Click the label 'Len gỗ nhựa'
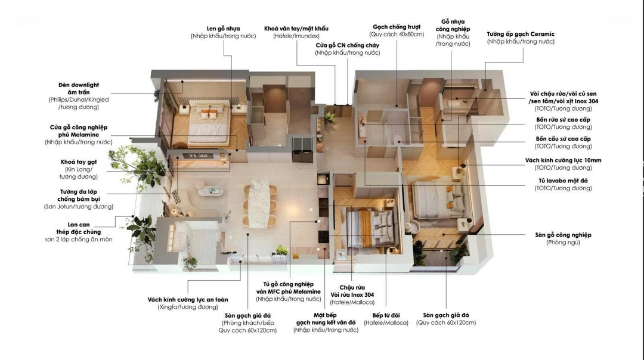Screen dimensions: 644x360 (x=224, y=29)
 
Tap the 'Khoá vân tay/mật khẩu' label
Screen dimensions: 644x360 (x=296, y=29)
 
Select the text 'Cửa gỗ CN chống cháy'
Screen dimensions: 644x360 (x=348, y=45)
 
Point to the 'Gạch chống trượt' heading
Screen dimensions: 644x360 (x=397, y=27)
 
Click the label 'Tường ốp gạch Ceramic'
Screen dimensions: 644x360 (x=521, y=34)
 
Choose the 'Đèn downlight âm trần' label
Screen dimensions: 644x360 (x=79, y=89)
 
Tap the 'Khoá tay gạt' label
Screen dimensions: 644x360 (x=79, y=162)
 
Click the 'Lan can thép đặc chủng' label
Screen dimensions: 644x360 (x=79, y=228)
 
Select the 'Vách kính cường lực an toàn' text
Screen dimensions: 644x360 (x=188, y=300)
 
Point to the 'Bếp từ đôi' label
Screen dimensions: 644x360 (x=386, y=315)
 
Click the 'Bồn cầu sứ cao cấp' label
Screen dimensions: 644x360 (x=563, y=139)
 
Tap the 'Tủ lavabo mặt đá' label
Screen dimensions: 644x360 (x=563, y=181)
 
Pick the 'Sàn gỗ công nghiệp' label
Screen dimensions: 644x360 (x=563, y=235)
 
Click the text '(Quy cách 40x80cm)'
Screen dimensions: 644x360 (x=397, y=35)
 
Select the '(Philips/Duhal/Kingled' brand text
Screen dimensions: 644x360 (x=79, y=100)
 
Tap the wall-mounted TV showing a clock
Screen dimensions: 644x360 (x=198, y=156)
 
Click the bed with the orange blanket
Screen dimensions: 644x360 (x=366, y=228)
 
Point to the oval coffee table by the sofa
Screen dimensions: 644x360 (x=210, y=191)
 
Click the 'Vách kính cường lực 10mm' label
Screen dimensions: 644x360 (x=563, y=160)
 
